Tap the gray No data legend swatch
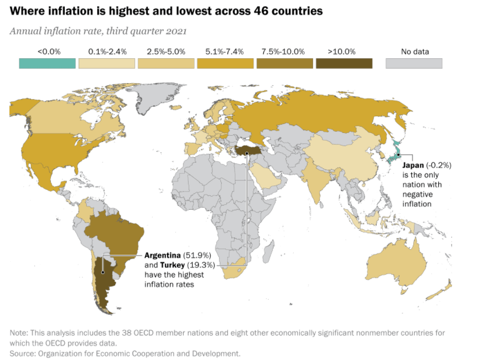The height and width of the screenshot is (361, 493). tap(414, 63)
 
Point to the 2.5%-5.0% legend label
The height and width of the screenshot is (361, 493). tap(166, 51)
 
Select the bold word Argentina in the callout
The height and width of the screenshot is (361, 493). tap(163, 256)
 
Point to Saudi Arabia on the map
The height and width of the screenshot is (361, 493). tap(265, 177)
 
